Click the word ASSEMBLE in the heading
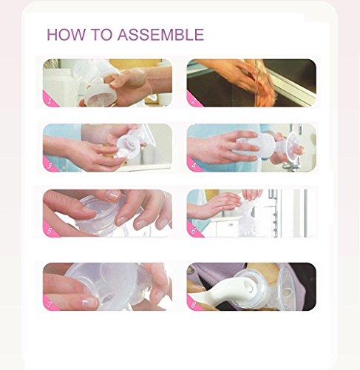(x=160, y=35)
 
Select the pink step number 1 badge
(x=50, y=101)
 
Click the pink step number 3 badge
(x=50, y=165)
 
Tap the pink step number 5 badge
(x=50, y=230)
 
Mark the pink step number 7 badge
(x=50, y=304)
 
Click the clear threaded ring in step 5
(x=109, y=217)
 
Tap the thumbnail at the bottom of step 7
(x=89, y=302)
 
